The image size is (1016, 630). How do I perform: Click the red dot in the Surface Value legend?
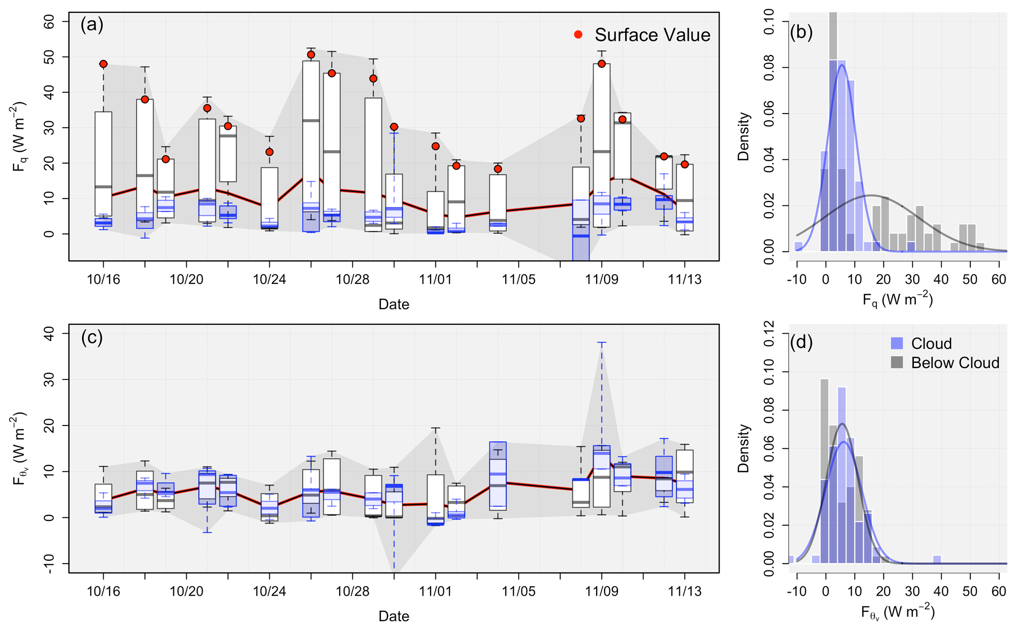579,34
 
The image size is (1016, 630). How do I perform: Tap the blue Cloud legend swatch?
897,343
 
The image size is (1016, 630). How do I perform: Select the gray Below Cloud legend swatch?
897,363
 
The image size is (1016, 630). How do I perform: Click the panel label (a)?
92,24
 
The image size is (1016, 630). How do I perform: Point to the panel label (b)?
801,32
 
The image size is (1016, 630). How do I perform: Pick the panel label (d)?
801,342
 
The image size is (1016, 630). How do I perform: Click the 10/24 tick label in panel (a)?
269,280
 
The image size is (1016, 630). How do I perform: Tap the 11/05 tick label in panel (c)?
519,591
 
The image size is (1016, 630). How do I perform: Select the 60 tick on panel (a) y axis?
50,22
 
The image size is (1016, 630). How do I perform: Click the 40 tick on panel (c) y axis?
50,334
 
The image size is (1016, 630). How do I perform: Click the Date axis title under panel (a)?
394,304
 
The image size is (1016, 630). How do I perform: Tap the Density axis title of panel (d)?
743,448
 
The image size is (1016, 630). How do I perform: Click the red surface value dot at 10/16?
103,64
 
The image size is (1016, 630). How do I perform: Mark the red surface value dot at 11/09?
602,64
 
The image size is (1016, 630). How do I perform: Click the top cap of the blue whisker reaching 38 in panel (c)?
602,342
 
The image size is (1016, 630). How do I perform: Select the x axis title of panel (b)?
898,300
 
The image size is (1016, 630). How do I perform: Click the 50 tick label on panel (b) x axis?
970,280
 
